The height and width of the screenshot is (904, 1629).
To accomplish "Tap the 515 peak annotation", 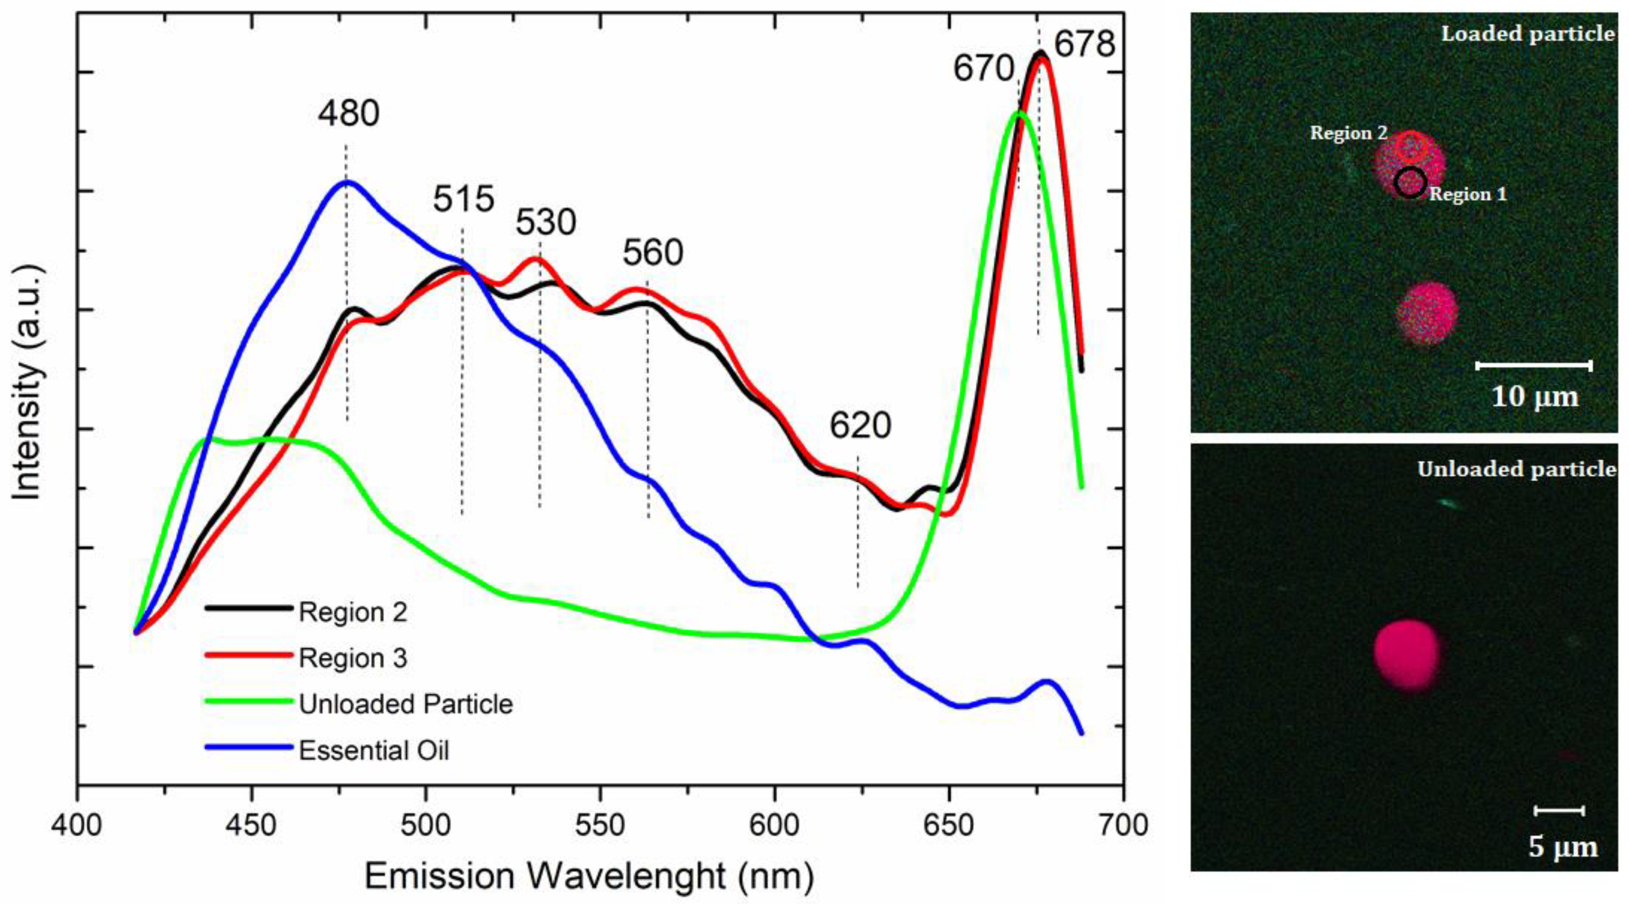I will pyautogui.click(x=464, y=200).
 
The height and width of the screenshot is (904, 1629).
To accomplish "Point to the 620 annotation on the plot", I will pyautogui.click(x=860, y=426).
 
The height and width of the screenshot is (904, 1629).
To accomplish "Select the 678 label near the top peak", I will pyautogui.click(x=1084, y=45).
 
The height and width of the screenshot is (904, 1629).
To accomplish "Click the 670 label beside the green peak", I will pyautogui.click(x=984, y=69).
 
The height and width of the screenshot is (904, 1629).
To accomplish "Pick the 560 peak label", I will pyautogui.click(x=653, y=253).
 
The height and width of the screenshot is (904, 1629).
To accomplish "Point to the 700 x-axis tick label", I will pyautogui.click(x=1122, y=826).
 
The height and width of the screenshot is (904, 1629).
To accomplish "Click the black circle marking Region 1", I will pyautogui.click(x=1410, y=182).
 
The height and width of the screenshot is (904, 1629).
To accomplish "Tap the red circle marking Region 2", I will pyautogui.click(x=1411, y=146).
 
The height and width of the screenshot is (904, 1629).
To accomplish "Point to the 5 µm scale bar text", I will pyautogui.click(x=1563, y=846).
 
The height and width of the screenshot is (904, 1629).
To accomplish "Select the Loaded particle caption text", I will pyautogui.click(x=1527, y=33).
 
